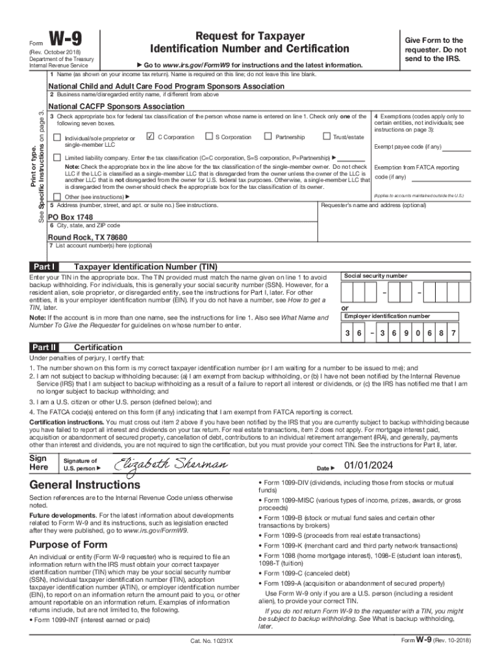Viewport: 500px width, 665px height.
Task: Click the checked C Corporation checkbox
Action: tap(151, 137)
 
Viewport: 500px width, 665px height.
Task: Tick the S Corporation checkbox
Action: tap(208, 137)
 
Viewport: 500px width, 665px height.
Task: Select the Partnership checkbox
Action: tap(268, 137)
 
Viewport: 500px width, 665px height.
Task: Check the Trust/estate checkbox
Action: tap(326, 137)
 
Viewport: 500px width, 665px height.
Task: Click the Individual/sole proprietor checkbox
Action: tap(57, 138)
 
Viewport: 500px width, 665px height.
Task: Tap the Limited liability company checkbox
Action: tap(57, 158)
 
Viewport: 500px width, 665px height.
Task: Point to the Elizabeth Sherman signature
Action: tap(171, 464)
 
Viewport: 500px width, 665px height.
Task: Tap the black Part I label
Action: tap(45, 267)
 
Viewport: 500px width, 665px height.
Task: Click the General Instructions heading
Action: tap(84, 485)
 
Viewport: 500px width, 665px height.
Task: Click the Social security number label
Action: tap(376, 276)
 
